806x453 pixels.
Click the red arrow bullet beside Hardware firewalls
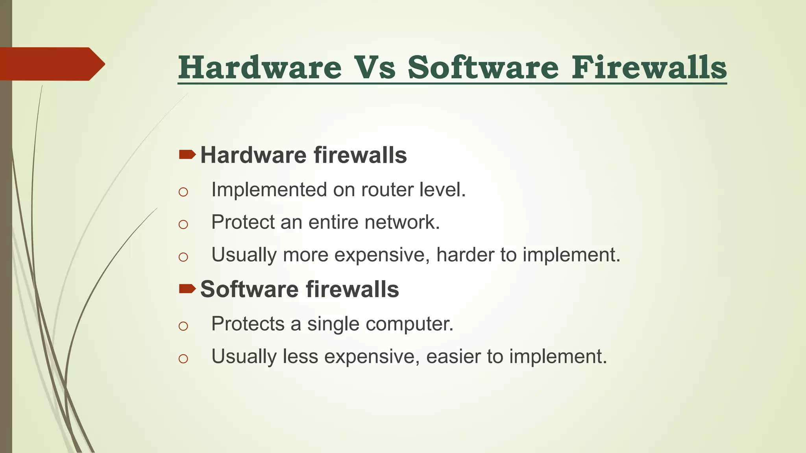coord(187,155)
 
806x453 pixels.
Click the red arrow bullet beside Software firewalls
coord(187,289)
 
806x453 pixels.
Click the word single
coord(333,324)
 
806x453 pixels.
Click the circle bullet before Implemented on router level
coord(183,192)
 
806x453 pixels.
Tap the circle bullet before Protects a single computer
coord(183,326)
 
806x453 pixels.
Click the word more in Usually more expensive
coord(305,255)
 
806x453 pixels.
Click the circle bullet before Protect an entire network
coord(183,225)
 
